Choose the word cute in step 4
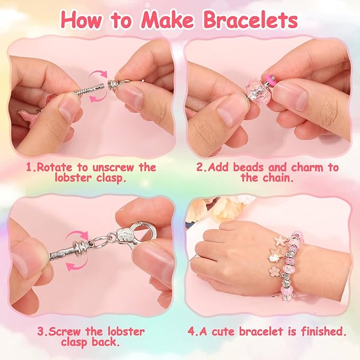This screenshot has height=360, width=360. click(237, 331)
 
